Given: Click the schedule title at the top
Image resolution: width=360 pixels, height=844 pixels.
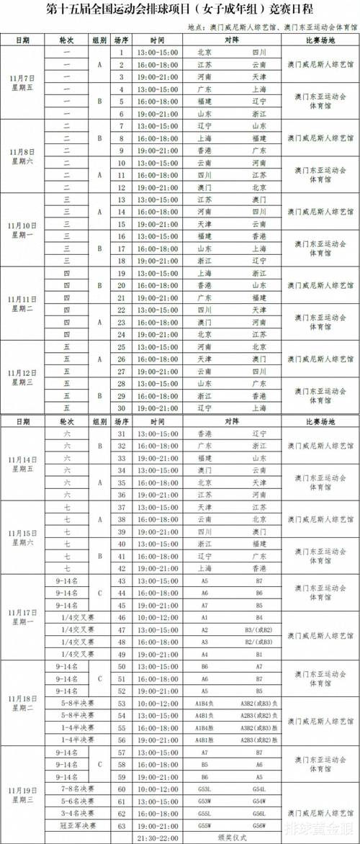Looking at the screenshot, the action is pyautogui.click(x=180, y=11).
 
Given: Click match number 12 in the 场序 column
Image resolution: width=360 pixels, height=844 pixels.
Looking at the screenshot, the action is pyautogui.click(x=122, y=186).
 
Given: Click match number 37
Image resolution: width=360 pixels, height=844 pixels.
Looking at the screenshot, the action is pyautogui.click(x=122, y=507).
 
